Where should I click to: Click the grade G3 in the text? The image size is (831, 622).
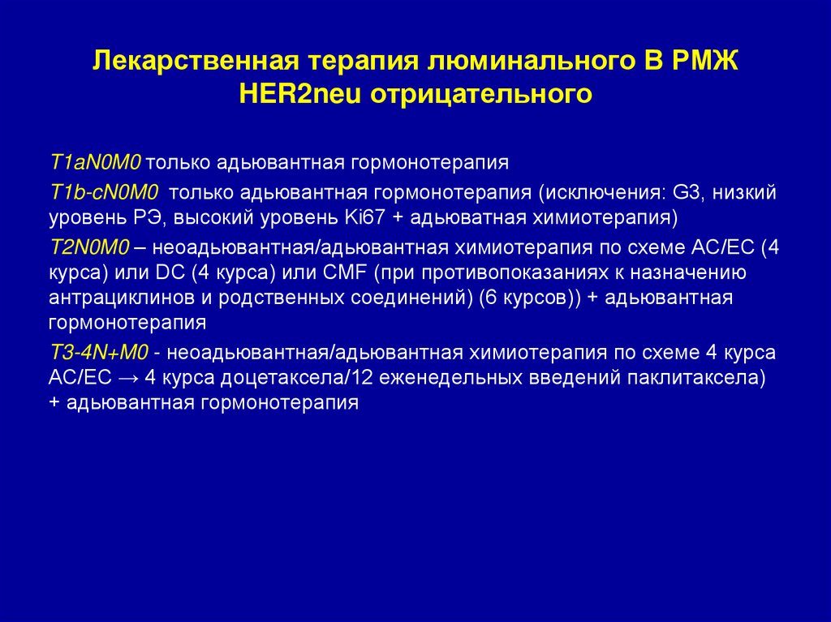[x=679, y=193]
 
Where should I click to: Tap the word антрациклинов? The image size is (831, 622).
[x=115, y=298]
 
